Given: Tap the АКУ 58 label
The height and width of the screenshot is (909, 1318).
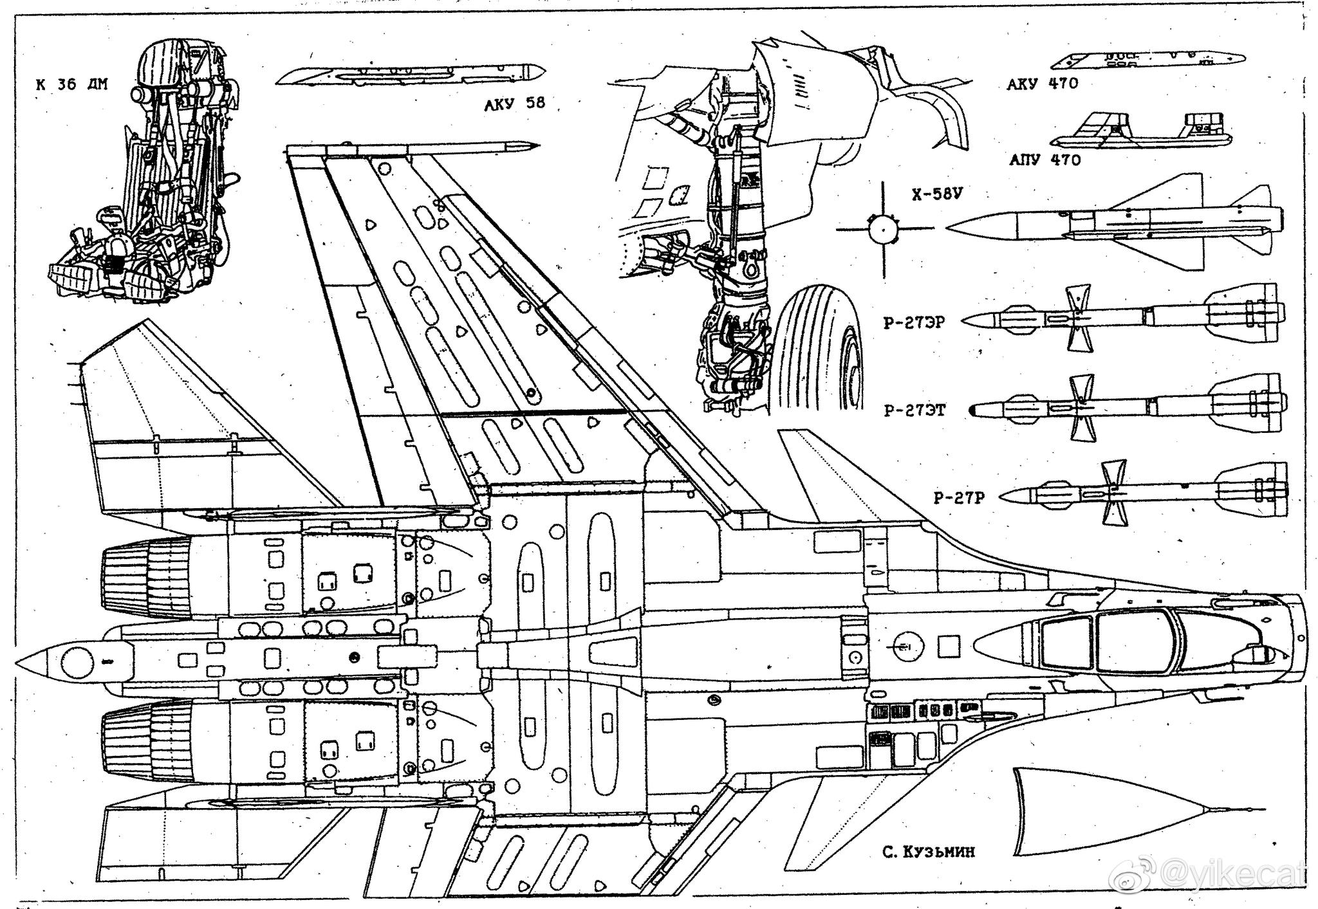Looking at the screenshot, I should pyautogui.click(x=514, y=104).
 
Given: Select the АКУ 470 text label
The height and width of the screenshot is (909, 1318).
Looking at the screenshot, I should pyautogui.click(x=1042, y=84).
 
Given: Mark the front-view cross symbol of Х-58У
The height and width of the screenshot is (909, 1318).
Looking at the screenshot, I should pyautogui.click(x=884, y=228).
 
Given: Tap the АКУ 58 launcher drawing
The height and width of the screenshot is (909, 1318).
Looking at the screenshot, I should pyautogui.click(x=412, y=76).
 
